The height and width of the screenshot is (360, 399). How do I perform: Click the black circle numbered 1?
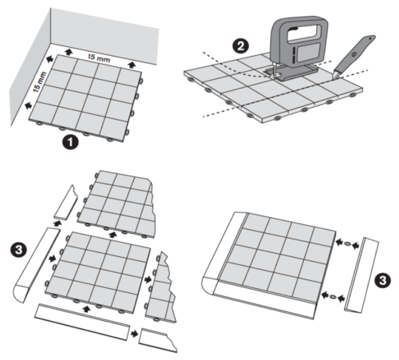70,142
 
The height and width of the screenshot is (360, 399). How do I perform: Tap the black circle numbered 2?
241,46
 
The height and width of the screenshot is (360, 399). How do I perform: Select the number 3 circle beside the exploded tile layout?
18,251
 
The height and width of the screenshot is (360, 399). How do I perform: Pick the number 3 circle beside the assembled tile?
382,281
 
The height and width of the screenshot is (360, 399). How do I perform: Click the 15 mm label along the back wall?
99,58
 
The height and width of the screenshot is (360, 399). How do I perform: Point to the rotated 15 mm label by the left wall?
40,82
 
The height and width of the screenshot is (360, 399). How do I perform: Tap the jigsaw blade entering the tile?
274,70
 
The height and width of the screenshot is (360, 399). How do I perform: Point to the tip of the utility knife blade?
332,77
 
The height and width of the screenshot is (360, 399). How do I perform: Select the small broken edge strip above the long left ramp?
65,203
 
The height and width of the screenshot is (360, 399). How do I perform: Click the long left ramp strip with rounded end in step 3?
38,265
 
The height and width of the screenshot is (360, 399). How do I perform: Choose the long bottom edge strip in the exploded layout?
82,322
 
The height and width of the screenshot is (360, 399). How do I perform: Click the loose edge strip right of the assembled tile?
361,275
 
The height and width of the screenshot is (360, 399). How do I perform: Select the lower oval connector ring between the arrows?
333,296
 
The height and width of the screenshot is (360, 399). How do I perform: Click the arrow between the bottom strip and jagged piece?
134,334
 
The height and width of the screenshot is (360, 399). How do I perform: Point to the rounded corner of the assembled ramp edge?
209,285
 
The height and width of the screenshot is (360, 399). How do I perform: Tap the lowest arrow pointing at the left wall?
28,105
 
